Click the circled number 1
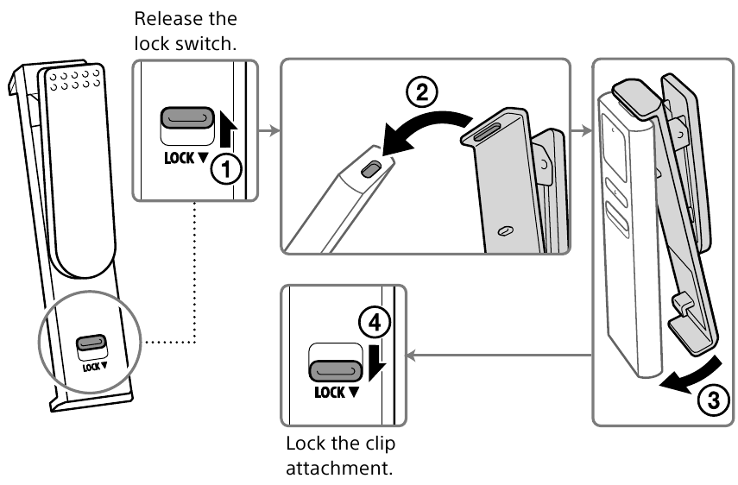tap(226, 169)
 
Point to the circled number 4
tap(372, 324)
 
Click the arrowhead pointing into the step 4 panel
tap(411, 356)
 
